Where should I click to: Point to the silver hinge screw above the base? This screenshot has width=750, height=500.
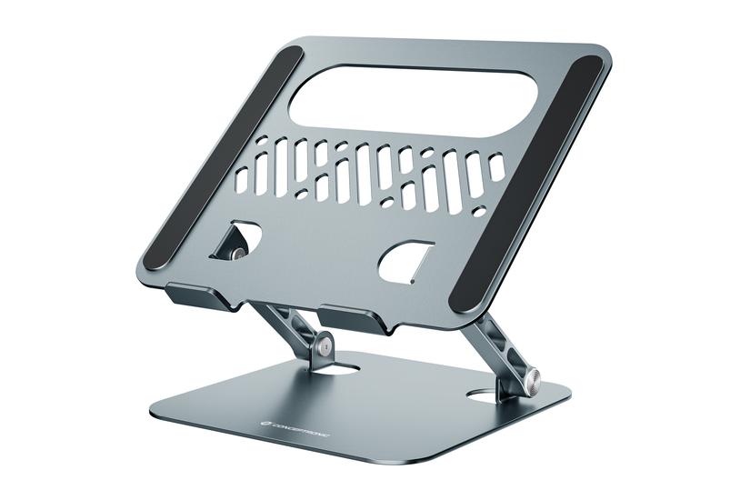(x=325, y=349)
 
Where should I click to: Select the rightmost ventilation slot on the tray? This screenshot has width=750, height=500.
(x=496, y=167)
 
